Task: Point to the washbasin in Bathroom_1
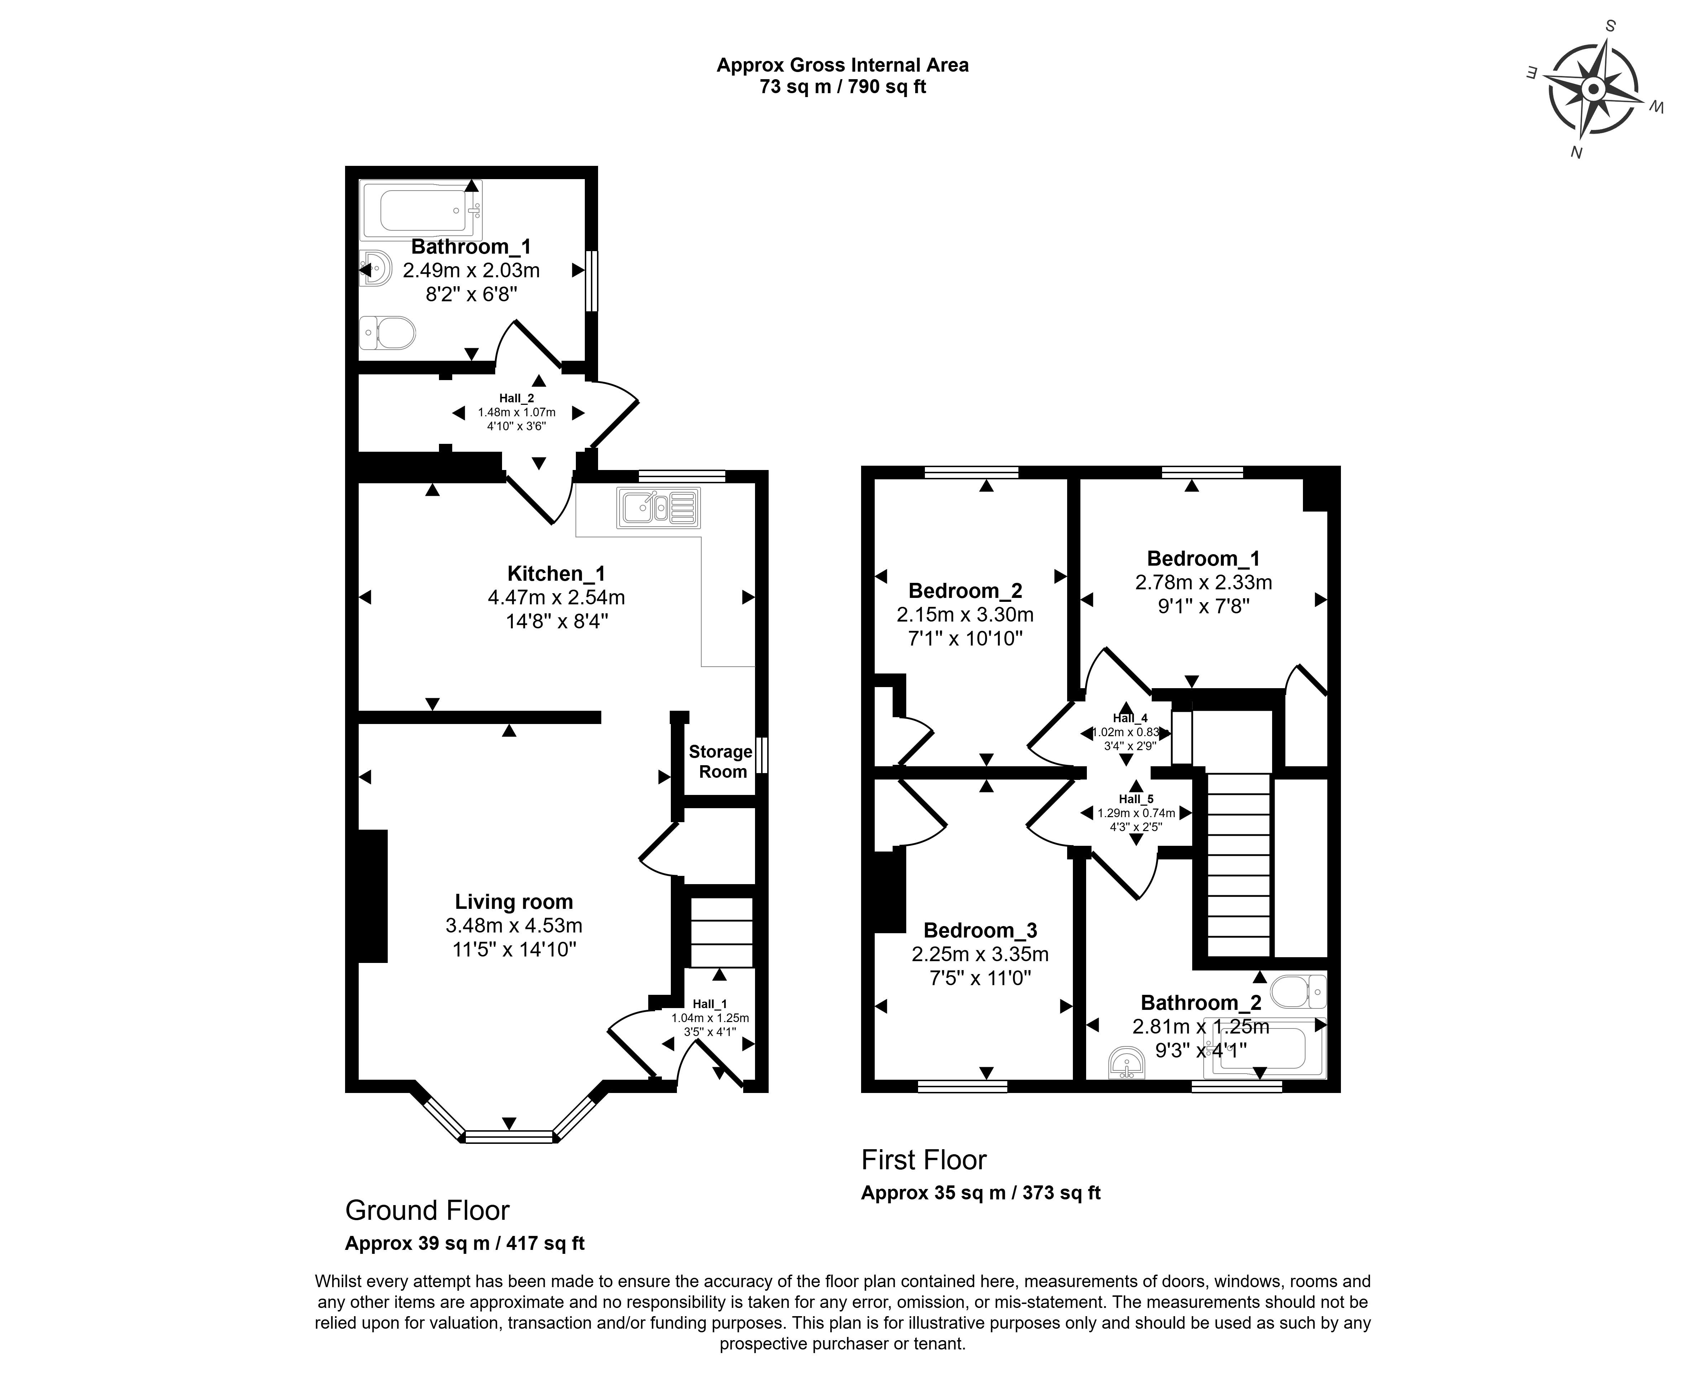click(375, 267)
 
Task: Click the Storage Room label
click(721, 761)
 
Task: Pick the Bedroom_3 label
click(980, 930)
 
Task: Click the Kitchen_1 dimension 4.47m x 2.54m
click(556, 596)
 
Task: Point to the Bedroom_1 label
click(1203, 558)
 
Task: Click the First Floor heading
click(924, 1160)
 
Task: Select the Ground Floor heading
click(427, 1210)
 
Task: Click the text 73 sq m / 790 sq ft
click(842, 87)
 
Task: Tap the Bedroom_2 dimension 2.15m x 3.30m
click(965, 614)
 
